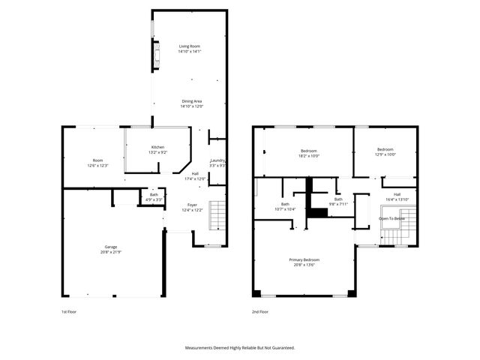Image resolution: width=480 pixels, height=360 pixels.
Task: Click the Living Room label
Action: pos(189,46)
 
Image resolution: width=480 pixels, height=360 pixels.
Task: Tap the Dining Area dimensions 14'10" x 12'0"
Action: pos(191,106)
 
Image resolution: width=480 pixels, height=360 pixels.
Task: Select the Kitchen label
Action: pos(157,147)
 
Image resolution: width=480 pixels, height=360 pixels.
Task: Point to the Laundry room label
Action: pos(218,160)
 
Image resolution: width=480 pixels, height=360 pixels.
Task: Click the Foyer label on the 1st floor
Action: pos(192,204)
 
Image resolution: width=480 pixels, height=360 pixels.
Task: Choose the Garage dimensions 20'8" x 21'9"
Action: pos(110,252)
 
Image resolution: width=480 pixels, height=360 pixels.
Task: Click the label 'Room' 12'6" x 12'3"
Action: pos(97,160)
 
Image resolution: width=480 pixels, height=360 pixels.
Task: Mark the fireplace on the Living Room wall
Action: pos(156,55)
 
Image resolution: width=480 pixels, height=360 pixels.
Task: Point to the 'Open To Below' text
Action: pos(391,218)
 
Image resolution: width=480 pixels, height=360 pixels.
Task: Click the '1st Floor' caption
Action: pos(69,310)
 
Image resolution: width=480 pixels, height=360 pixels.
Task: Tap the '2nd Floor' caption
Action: pos(260,310)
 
